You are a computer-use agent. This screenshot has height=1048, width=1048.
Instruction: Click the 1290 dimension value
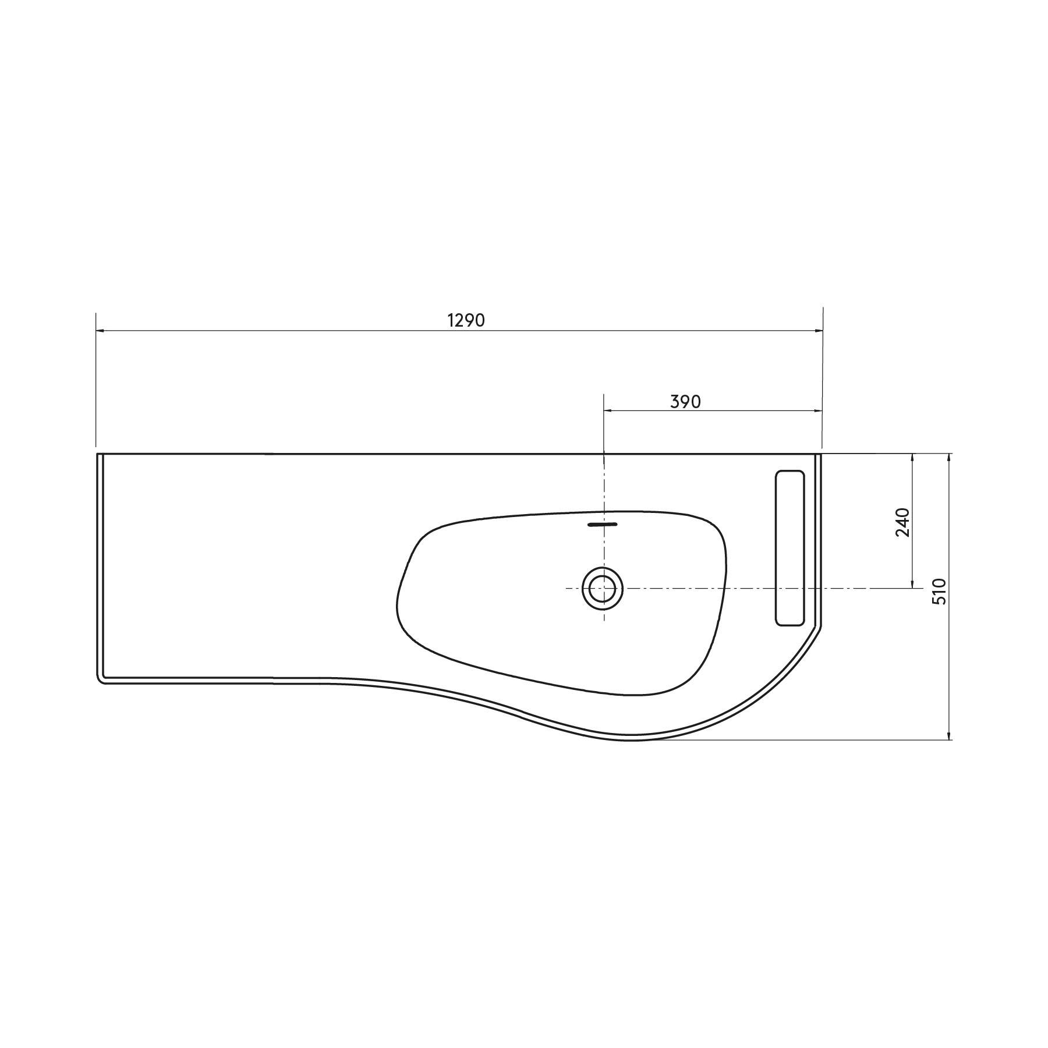tap(466, 320)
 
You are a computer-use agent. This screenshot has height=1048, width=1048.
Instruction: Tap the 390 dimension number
tap(685, 402)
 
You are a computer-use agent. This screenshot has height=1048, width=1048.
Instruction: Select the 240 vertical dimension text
tap(902, 522)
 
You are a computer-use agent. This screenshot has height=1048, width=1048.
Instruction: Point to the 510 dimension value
tap(940, 592)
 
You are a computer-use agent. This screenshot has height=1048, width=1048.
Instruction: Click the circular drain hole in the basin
tap(603, 589)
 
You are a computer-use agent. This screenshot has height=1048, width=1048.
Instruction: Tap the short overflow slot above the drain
tap(603, 524)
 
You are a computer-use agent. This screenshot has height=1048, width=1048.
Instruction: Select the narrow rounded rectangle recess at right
tap(790, 548)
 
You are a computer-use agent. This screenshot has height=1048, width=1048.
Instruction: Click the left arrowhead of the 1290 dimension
tap(100, 331)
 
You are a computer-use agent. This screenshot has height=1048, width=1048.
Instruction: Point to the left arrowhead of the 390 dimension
tap(607, 411)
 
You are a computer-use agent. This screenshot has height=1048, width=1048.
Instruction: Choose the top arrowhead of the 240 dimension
tap(912, 457)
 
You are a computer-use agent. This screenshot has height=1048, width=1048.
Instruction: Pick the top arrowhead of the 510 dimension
tap(950, 457)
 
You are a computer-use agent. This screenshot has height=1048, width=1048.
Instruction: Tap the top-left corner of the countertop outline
tap(97, 454)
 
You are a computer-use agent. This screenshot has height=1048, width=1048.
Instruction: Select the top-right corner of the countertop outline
tap(821, 454)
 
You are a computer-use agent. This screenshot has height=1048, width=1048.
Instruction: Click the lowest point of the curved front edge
tap(629, 740)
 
